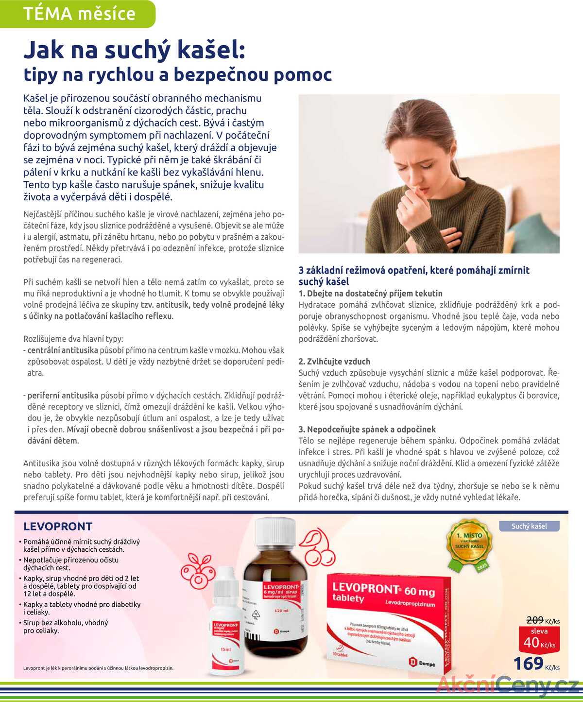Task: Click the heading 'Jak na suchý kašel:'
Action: click(x=134, y=50)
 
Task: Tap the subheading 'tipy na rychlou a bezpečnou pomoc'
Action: click(x=178, y=74)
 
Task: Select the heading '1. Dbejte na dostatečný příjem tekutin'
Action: click(x=370, y=293)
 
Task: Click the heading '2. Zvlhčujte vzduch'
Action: click(x=334, y=361)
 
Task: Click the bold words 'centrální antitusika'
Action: click(x=63, y=350)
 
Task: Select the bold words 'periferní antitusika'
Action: click(x=63, y=395)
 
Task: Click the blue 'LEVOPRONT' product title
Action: click(x=58, y=526)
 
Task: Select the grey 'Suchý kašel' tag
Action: click(x=529, y=526)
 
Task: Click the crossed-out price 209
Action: click(x=535, y=620)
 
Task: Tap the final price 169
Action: click(x=529, y=663)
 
